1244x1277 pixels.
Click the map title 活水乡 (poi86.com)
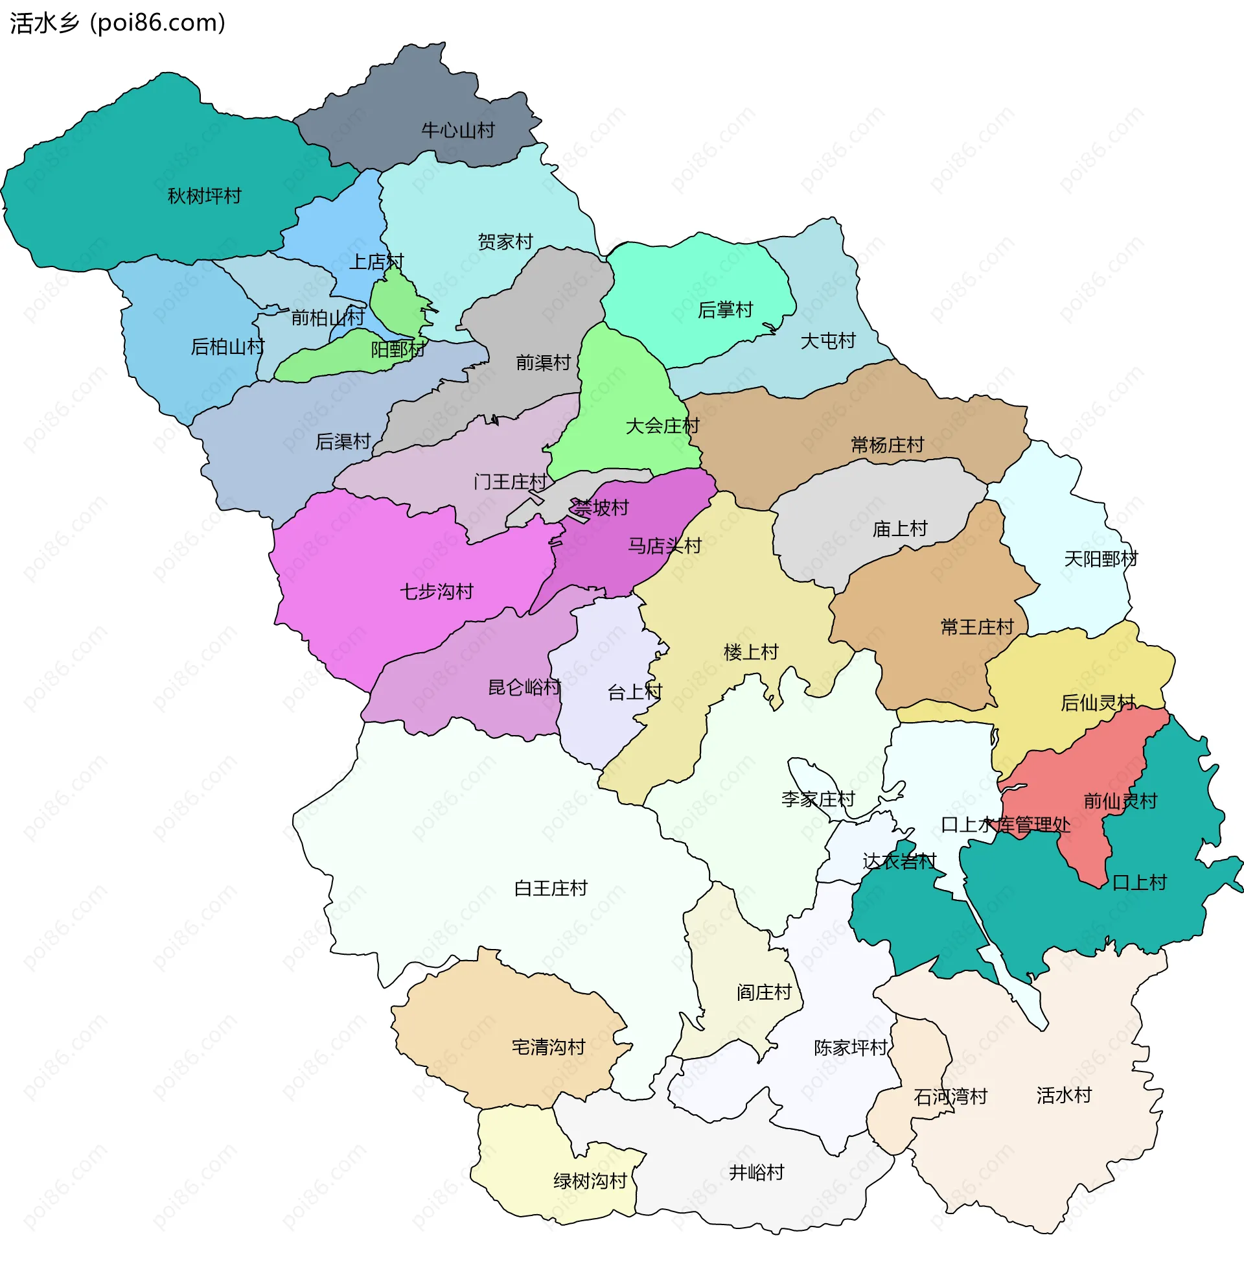pos(118,23)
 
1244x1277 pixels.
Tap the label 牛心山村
pos(458,131)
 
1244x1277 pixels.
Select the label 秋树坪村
pos(205,196)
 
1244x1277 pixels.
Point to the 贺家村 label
pos(505,242)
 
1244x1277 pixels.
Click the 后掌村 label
pos(725,310)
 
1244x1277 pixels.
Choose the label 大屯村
pos(828,340)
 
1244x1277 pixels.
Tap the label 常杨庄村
pos(886,445)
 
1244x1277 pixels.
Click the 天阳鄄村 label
pos(1100,559)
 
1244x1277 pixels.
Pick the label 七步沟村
pos(437,591)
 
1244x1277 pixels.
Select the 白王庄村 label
pos(551,888)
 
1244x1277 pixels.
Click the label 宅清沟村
pos(548,1047)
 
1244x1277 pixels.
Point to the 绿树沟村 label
pos(590,1181)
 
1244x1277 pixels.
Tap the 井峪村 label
pos(757,1173)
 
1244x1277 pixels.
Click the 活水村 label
pos(1064,1095)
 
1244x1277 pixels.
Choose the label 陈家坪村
pos(850,1048)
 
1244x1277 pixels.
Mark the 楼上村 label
pos(751,652)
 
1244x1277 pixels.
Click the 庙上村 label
pos(900,529)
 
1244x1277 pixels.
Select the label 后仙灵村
pos(1098,703)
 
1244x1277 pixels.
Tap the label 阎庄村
pos(764,992)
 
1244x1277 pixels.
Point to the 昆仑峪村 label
pos(525,688)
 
